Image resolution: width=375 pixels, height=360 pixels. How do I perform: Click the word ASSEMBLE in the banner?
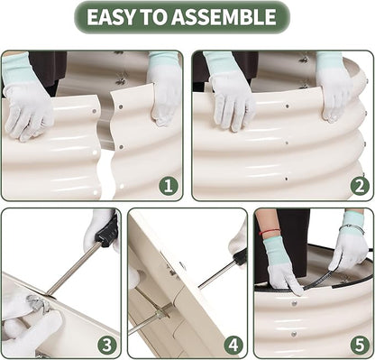(x=224, y=17)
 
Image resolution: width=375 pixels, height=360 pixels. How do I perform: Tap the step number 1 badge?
(x=169, y=186)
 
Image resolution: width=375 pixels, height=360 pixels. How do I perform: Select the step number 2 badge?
(x=360, y=186)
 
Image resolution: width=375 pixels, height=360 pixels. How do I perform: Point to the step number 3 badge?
(x=107, y=345)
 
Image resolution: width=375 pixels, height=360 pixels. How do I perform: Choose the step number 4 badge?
(x=233, y=345)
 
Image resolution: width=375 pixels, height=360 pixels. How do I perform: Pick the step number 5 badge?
(x=360, y=345)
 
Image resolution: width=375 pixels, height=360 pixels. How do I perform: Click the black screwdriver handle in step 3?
(x=107, y=230)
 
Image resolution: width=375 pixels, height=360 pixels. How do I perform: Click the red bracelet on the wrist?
(x=270, y=231)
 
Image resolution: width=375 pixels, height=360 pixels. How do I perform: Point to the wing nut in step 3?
(x=37, y=302)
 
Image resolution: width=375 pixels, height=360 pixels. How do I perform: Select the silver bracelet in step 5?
(x=352, y=229)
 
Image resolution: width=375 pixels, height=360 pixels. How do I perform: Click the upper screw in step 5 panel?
(x=294, y=303)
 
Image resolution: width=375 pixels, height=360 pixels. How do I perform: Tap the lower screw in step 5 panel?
(x=294, y=334)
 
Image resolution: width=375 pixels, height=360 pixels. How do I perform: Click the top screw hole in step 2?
(x=288, y=106)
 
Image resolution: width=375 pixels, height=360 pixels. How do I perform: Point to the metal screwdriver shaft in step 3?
(x=74, y=268)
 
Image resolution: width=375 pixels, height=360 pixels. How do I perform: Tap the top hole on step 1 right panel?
(x=121, y=106)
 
